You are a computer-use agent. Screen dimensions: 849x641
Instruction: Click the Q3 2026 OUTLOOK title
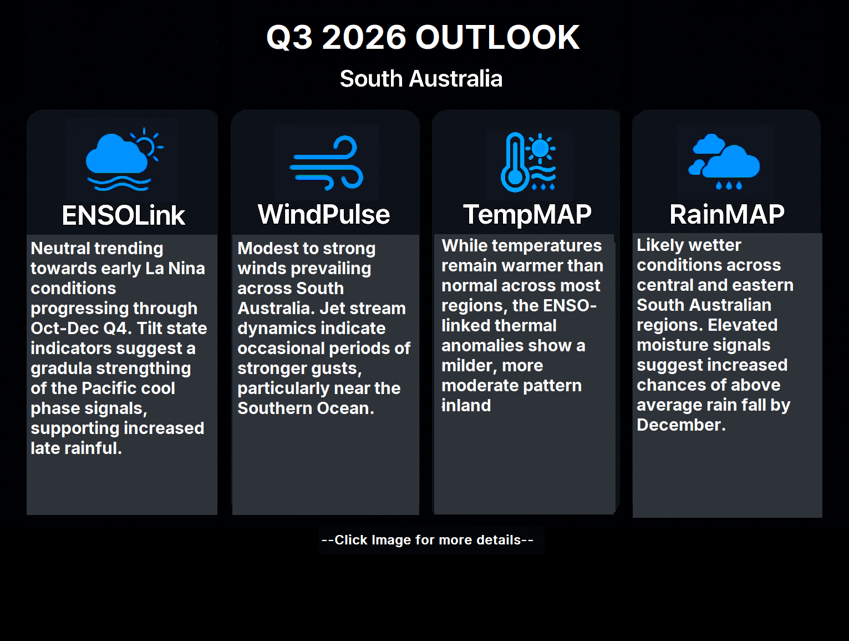pyautogui.click(x=423, y=37)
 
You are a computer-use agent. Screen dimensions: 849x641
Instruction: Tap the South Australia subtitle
pyautogui.click(x=421, y=79)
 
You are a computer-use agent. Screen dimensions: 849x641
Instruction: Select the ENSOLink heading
pyautogui.click(x=124, y=215)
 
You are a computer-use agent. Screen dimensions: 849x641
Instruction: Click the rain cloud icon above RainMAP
pyautogui.click(x=724, y=161)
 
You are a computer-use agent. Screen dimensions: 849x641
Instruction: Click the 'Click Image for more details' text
pyautogui.click(x=428, y=540)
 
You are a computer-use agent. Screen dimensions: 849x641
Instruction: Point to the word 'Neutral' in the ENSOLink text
pyautogui.click(x=61, y=249)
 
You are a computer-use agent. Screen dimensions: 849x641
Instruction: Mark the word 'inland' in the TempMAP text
pyautogui.click(x=466, y=406)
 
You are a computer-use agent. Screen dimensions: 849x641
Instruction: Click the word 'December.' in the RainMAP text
pyautogui.click(x=681, y=425)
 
